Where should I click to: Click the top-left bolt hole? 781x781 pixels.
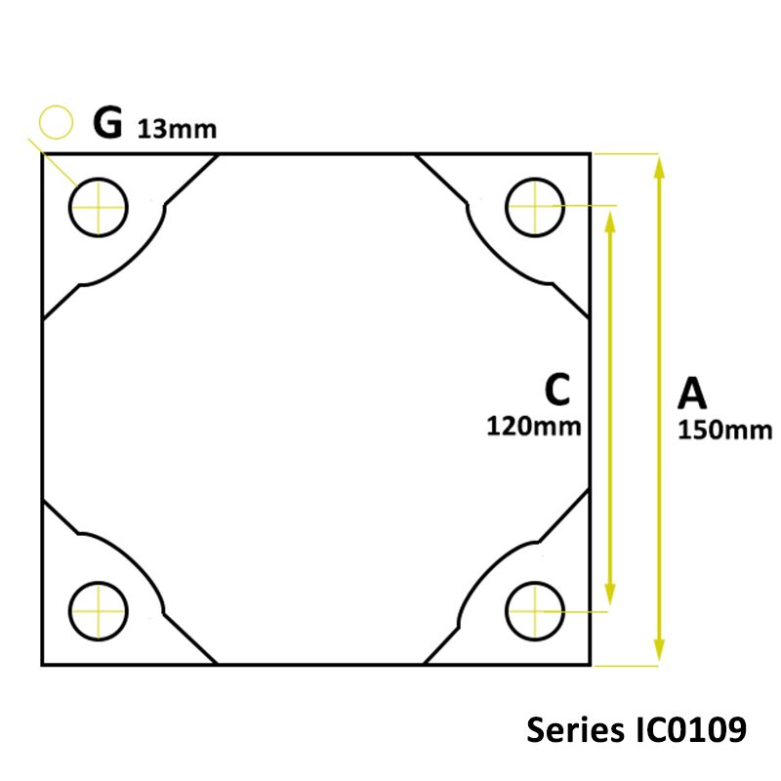click(x=99, y=207)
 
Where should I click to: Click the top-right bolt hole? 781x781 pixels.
click(x=535, y=207)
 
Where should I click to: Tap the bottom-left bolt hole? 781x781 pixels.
click(x=99, y=611)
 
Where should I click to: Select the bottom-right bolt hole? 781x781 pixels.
click(x=535, y=611)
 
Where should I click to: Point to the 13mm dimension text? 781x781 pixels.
click(x=177, y=129)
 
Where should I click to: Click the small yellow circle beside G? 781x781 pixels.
click(x=57, y=122)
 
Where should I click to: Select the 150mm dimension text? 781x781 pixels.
click(x=724, y=430)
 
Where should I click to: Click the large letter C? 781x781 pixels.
click(x=556, y=390)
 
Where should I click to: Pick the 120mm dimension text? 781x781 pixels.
click(x=534, y=426)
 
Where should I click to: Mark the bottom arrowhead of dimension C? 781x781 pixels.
click(x=610, y=596)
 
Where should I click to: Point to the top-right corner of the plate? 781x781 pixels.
click(x=590, y=154)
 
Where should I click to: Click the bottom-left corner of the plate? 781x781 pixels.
click(x=42, y=665)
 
